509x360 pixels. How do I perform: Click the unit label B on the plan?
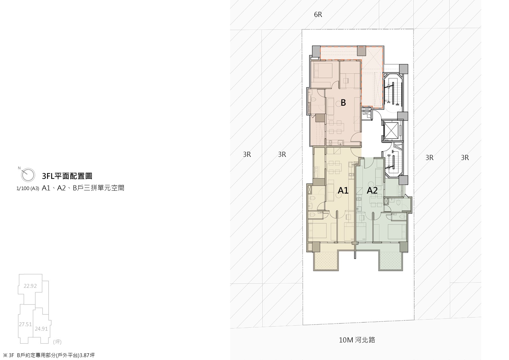[x=343, y=103]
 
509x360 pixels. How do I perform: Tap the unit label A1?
[x=343, y=190]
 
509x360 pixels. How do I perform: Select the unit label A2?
[x=372, y=190]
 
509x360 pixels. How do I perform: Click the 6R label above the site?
[x=318, y=15]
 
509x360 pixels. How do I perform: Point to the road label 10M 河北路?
[x=357, y=340]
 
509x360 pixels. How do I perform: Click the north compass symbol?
[x=27, y=175]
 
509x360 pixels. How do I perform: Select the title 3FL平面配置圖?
[x=67, y=176]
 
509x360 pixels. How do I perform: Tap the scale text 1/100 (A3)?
[x=28, y=188]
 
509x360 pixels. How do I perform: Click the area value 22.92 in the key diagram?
[x=30, y=286]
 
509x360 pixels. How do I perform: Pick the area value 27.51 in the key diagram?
[x=25, y=324]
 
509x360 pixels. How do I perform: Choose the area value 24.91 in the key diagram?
[x=41, y=329]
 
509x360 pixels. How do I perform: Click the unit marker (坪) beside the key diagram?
[x=57, y=342]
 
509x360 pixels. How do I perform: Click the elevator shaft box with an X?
[x=391, y=130]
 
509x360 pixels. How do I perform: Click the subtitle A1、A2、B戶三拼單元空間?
[x=83, y=188]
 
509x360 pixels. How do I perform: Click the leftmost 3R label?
[x=247, y=154]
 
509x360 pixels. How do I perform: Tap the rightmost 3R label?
[x=465, y=157]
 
